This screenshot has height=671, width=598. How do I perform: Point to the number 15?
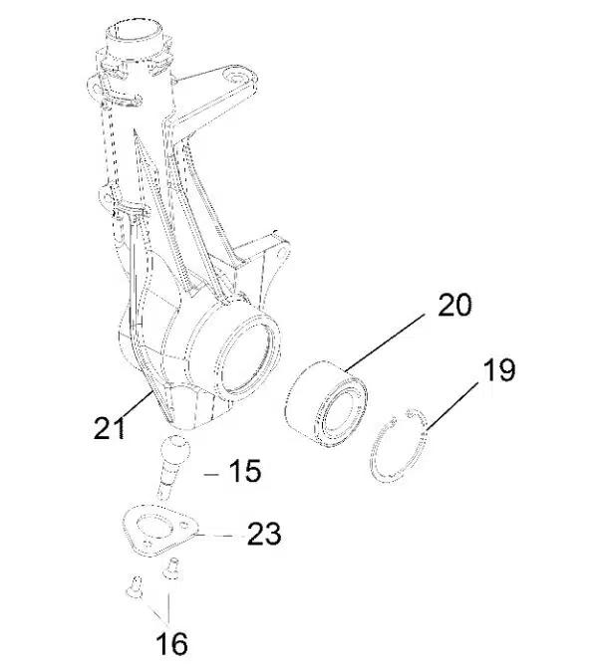244,470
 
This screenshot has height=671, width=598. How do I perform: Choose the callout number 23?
264,535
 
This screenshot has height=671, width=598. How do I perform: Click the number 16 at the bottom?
171,644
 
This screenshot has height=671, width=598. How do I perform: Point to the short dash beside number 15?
209,475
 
